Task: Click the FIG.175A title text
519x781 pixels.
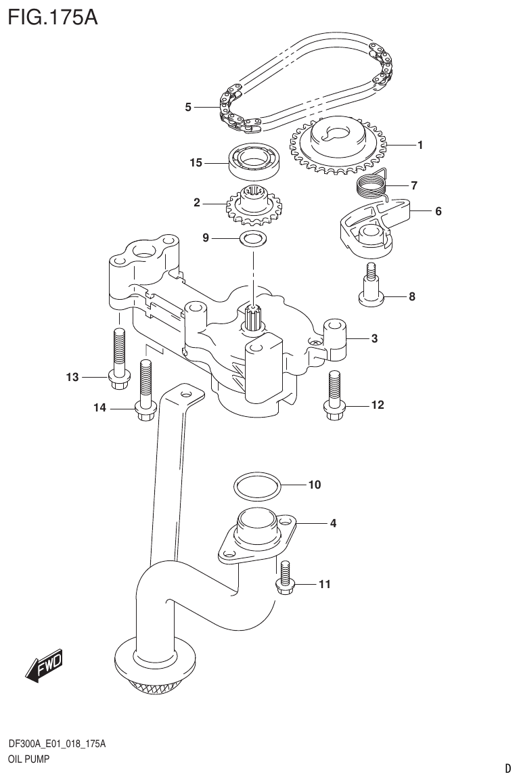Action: (53, 16)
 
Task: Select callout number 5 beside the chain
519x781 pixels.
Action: (188, 107)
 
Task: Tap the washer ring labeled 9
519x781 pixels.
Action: (252, 238)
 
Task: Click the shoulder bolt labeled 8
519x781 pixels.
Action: (370, 288)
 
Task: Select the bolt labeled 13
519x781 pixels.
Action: (118, 355)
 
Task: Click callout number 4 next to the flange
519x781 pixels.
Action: (332, 523)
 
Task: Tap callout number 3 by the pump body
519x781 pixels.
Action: (374, 339)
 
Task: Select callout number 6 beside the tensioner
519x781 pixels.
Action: (438, 211)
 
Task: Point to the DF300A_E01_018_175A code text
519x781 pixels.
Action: (57, 744)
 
